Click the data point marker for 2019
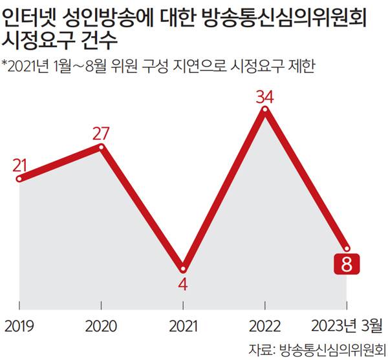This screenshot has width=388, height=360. point(19,178)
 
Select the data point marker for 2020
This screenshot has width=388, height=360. point(102,147)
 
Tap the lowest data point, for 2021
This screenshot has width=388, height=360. point(183,268)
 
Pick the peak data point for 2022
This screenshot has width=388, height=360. point(264,110)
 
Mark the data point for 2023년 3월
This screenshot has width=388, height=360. point(347,248)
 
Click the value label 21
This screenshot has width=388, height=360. point(19,164)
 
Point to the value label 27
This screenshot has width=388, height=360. point(102,133)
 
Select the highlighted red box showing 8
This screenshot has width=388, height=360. point(346,264)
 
